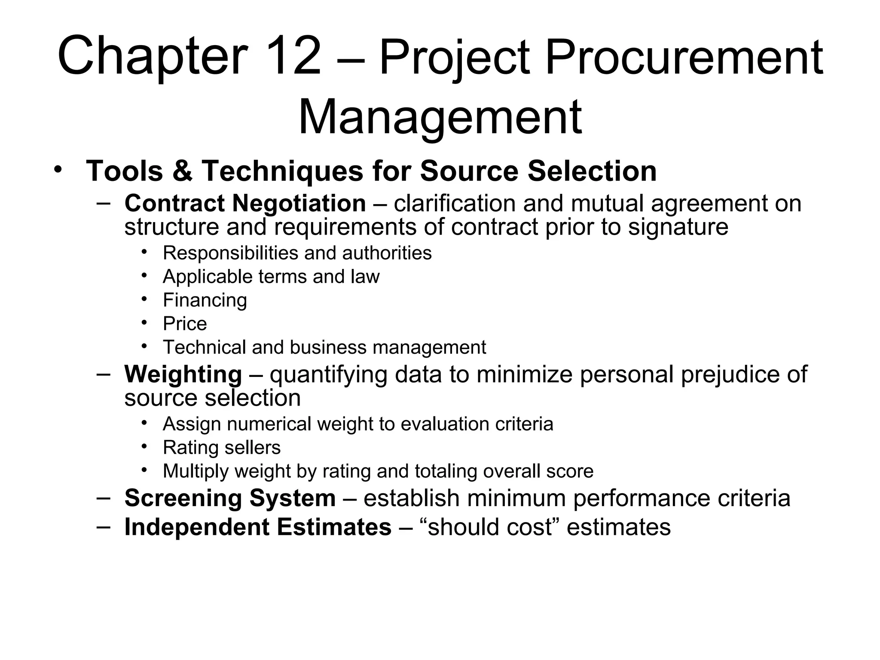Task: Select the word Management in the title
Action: click(440, 117)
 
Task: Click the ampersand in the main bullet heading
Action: click(182, 171)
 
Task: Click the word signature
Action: click(678, 227)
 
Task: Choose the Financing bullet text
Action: click(205, 300)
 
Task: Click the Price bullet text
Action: click(185, 324)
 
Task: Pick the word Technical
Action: click(204, 347)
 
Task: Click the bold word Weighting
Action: click(183, 375)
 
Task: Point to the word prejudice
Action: click(730, 374)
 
